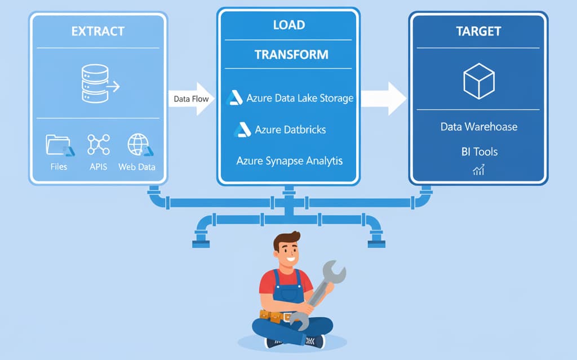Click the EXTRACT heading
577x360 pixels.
pyautogui.click(x=98, y=31)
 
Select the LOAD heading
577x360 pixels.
pyautogui.click(x=288, y=25)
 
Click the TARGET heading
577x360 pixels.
pyautogui.click(x=478, y=32)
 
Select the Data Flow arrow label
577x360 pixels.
pyautogui.click(x=191, y=99)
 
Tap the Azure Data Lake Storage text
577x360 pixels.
pyautogui.click(x=300, y=98)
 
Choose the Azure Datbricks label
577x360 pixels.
pyautogui.click(x=290, y=130)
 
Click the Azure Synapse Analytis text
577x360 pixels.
pyautogui.click(x=289, y=161)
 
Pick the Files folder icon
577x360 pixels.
pyautogui.click(x=57, y=145)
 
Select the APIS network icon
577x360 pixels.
pyautogui.click(x=98, y=145)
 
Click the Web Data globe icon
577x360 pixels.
pyautogui.click(x=138, y=145)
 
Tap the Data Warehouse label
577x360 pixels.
pyautogui.click(x=478, y=127)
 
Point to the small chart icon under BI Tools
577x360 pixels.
pyautogui.click(x=478, y=170)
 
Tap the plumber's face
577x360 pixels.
pyautogui.click(x=287, y=250)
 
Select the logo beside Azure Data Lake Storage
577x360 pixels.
pyautogui.click(x=234, y=98)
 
